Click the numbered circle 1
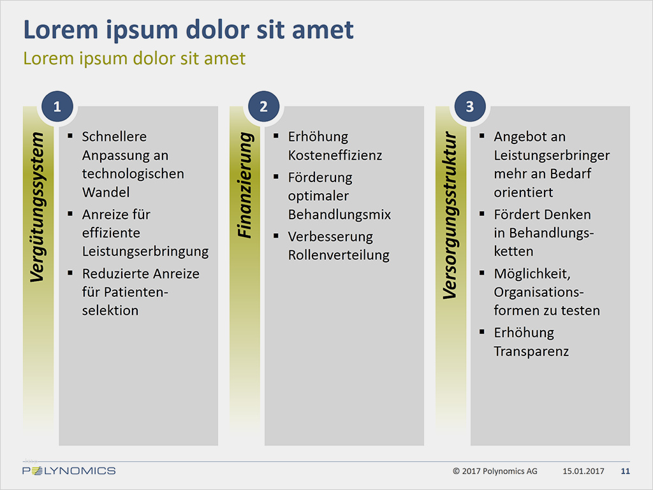click(x=57, y=106)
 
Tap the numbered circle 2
click(x=263, y=106)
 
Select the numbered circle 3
click(x=470, y=106)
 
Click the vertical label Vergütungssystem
click(x=38, y=207)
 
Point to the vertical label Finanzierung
click(x=245, y=185)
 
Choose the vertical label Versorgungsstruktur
click(x=450, y=215)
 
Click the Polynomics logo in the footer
click(x=69, y=471)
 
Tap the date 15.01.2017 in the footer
click(x=583, y=472)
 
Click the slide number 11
click(x=625, y=472)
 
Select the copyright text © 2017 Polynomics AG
click(x=495, y=472)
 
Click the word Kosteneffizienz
click(x=335, y=155)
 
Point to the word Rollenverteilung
click(x=339, y=255)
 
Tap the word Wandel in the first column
click(x=106, y=192)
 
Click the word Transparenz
click(x=531, y=352)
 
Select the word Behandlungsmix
click(x=339, y=215)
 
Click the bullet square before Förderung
click(x=275, y=177)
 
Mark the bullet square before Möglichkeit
click(x=482, y=273)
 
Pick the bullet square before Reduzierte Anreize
click(x=70, y=273)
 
